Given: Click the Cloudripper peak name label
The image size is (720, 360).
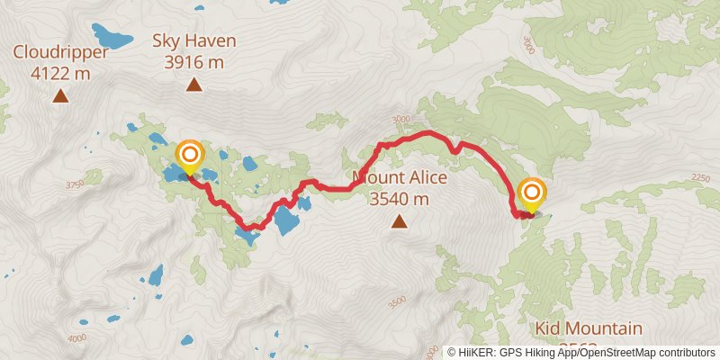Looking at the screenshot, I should coord(60,51).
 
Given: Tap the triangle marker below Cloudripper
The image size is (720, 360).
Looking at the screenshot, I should coord(60,95).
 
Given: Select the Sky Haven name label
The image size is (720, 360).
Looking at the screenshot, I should coord(193,40).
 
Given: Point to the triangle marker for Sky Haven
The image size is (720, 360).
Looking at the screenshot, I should coord(193,85).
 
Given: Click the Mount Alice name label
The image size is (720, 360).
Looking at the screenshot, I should coord(400,177).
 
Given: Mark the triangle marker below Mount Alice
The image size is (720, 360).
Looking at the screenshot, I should coord(398,220).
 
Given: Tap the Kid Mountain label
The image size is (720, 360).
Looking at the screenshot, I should coord(589,328).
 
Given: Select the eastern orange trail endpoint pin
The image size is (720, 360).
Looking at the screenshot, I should coord(532,193).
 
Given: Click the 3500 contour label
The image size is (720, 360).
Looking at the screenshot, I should coord(397,303).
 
